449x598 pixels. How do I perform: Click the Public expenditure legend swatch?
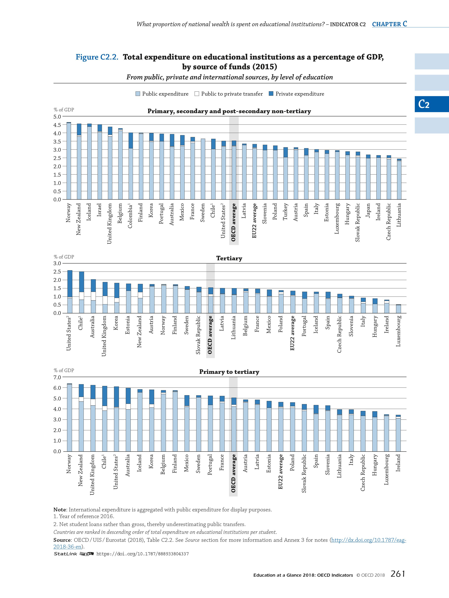138,94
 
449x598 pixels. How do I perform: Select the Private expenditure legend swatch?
271,94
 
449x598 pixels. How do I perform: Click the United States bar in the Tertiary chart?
69,292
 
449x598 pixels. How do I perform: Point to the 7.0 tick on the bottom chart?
57,377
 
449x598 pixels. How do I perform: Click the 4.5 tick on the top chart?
57,125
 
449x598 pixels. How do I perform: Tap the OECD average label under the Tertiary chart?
210,335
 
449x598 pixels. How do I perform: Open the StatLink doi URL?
142,554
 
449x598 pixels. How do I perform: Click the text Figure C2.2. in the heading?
97,57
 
